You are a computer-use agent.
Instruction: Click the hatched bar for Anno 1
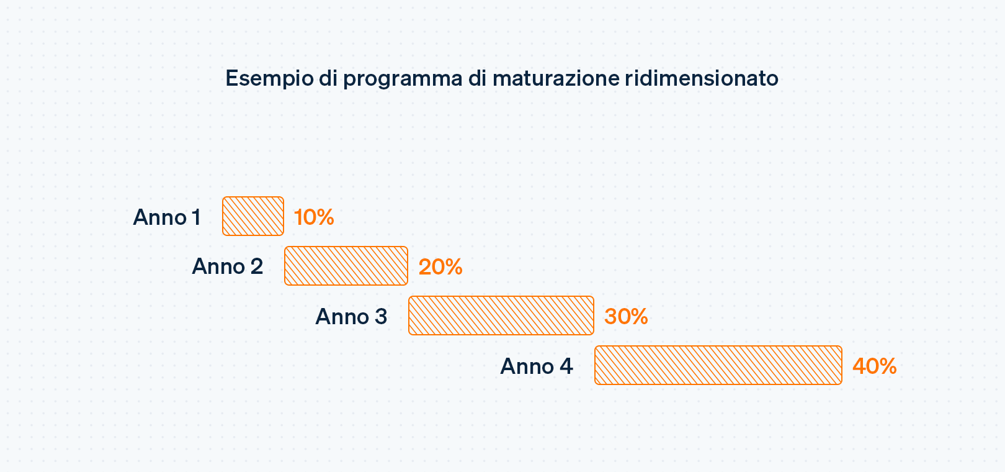pos(253,216)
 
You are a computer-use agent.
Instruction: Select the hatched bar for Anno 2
pos(346,266)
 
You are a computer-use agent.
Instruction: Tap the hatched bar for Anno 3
pos(501,315)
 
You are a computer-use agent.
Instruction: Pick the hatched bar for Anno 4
pos(718,365)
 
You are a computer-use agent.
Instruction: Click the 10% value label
pos(314,217)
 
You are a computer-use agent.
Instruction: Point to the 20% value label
pos(440,267)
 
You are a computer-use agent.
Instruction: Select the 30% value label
pos(626,317)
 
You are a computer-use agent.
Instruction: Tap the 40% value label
pos(875,366)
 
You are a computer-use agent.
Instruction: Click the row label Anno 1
pos(167,217)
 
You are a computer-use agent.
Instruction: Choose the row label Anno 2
pos(228,266)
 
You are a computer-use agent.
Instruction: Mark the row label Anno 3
pos(351,317)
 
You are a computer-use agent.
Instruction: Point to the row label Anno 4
pos(537,366)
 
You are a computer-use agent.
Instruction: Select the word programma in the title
pos(403,79)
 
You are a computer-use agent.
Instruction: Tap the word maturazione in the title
pos(556,78)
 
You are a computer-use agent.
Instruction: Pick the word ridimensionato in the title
pos(702,78)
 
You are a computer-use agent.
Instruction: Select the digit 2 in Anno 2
pos(257,266)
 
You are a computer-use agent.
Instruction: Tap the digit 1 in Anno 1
pos(197,217)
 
